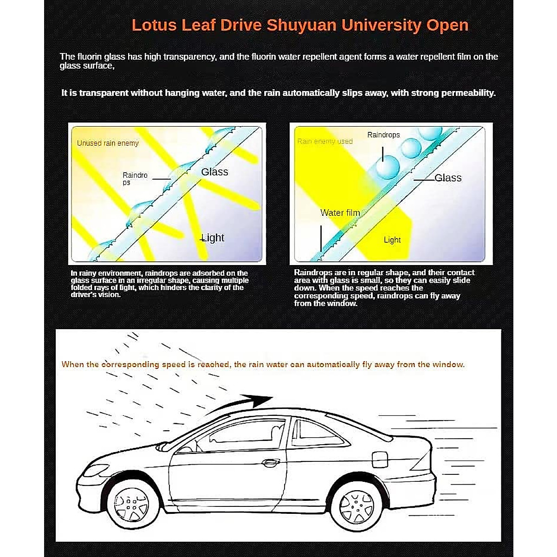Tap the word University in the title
pos(381,25)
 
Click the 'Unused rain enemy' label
pos(108,143)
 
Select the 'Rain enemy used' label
pos(325,141)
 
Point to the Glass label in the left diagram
pos(214,172)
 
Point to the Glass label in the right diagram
pos(448,178)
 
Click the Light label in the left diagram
pos(213,238)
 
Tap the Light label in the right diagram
pos(392,240)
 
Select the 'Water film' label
pos(340,213)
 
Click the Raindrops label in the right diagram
pos(383,135)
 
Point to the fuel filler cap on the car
pos(379,459)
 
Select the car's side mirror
pos(163,447)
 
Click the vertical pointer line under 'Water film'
pos(321,238)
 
